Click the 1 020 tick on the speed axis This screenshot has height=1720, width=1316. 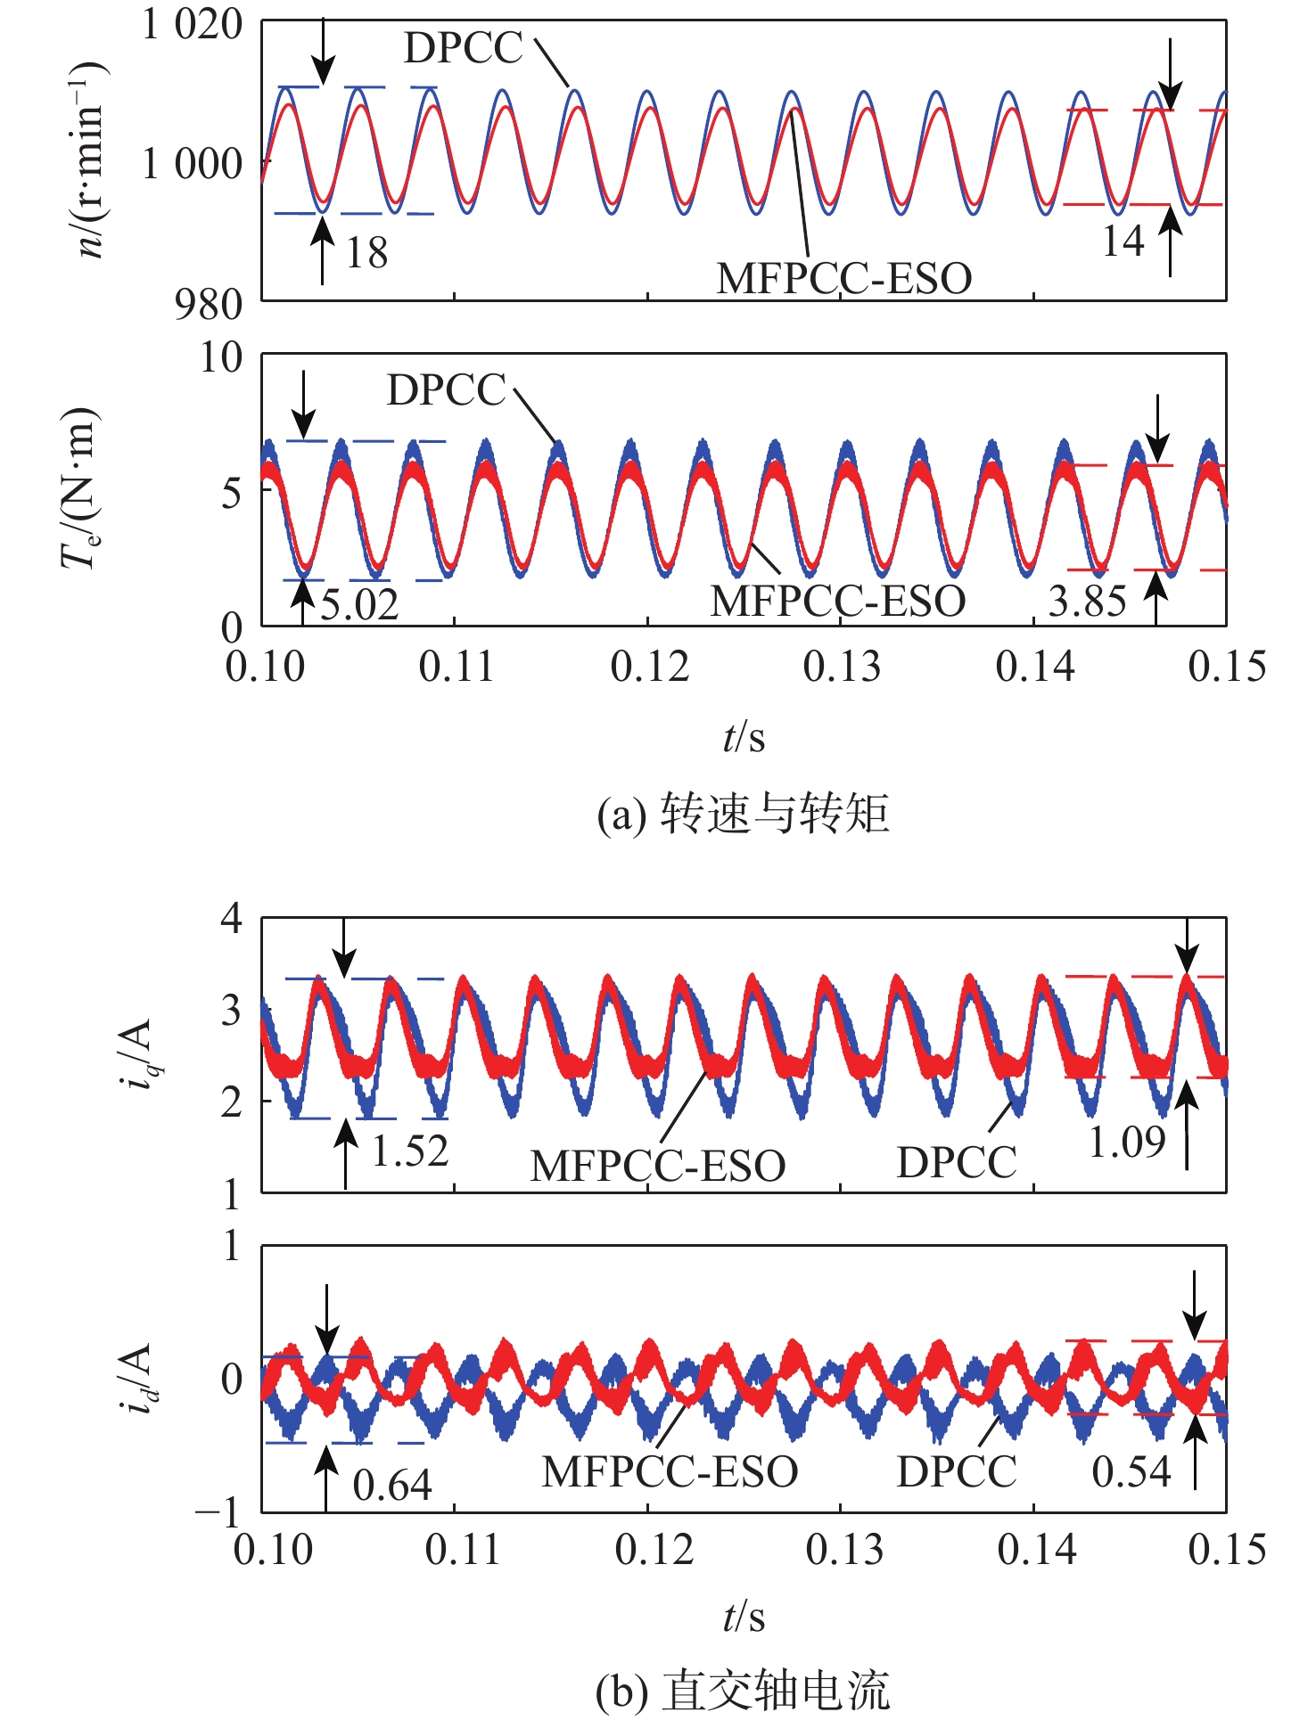point(192,25)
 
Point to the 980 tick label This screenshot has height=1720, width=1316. point(209,305)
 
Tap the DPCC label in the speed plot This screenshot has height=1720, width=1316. point(463,48)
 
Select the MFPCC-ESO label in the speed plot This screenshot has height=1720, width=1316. point(843,279)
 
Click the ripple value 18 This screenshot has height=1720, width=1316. point(366,254)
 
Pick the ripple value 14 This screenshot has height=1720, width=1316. point(1123,242)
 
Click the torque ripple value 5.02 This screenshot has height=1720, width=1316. point(359,606)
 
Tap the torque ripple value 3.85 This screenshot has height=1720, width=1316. point(1087,602)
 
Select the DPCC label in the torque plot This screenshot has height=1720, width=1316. point(446,390)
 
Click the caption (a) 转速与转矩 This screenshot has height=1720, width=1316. point(743,814)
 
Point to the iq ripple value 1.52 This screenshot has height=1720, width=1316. point(409,1151)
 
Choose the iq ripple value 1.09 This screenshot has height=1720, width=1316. point(1127,1142)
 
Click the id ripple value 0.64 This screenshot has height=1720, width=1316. point(391,1486)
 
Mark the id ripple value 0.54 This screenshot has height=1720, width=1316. point(1131,1472)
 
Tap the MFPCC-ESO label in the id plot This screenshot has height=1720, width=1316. point(670,1472)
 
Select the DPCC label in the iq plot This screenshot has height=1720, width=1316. point(956,1163)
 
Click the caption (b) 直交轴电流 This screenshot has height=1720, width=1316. point(743,1691)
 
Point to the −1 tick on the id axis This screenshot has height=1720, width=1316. point(218,1512)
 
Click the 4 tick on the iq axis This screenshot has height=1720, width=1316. point(231,918)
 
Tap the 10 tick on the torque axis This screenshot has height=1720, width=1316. point(220,358)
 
